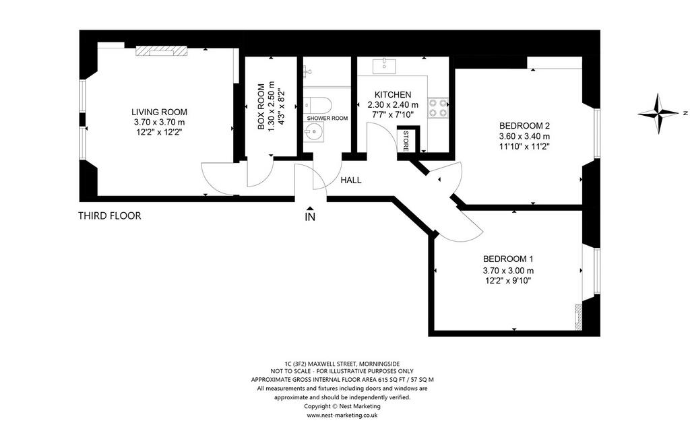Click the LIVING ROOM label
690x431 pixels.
click(159, 112)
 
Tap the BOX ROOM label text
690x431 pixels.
click(261, 107)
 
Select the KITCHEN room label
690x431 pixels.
click(393, 94)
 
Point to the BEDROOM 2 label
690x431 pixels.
click(524, 126)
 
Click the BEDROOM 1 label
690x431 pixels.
click(508, 259)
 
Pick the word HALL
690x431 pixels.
click(351, 180)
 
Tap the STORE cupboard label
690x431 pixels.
click(406, 141)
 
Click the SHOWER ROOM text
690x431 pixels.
click(327, 119)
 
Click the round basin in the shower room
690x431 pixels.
click(315, 131)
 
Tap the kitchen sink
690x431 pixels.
click(385, 66)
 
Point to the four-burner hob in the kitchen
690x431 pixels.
click(438, 108)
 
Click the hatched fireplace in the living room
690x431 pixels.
click(162, 51)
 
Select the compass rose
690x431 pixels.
click(659, 113)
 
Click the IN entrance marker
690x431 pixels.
click(310, 215)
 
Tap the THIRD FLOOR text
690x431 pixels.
click(110, 216)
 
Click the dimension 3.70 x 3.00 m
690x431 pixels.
click(508, 271)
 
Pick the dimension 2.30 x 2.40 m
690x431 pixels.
click(393, 105)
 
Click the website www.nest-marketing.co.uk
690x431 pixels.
click(342, 415)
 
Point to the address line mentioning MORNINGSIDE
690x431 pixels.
click(342, 364)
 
